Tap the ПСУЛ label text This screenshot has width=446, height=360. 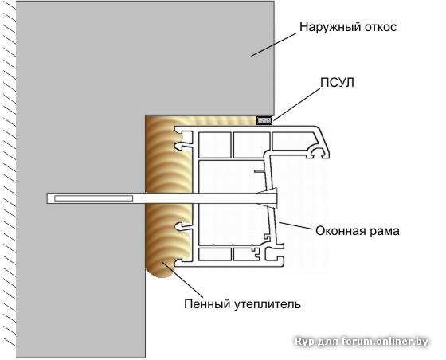338,83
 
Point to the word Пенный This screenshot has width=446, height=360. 207,304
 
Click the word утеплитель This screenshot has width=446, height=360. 268,304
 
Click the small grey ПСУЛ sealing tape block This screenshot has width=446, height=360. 264,120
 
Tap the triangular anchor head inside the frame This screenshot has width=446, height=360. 269,198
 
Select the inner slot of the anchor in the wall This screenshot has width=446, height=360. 94,198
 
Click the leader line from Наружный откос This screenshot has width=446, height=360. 274,45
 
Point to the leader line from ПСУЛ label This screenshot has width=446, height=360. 296,104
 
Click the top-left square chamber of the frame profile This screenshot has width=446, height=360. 215,145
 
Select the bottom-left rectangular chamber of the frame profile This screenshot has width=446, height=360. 215,254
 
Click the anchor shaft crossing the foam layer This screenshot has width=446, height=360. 169,198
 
